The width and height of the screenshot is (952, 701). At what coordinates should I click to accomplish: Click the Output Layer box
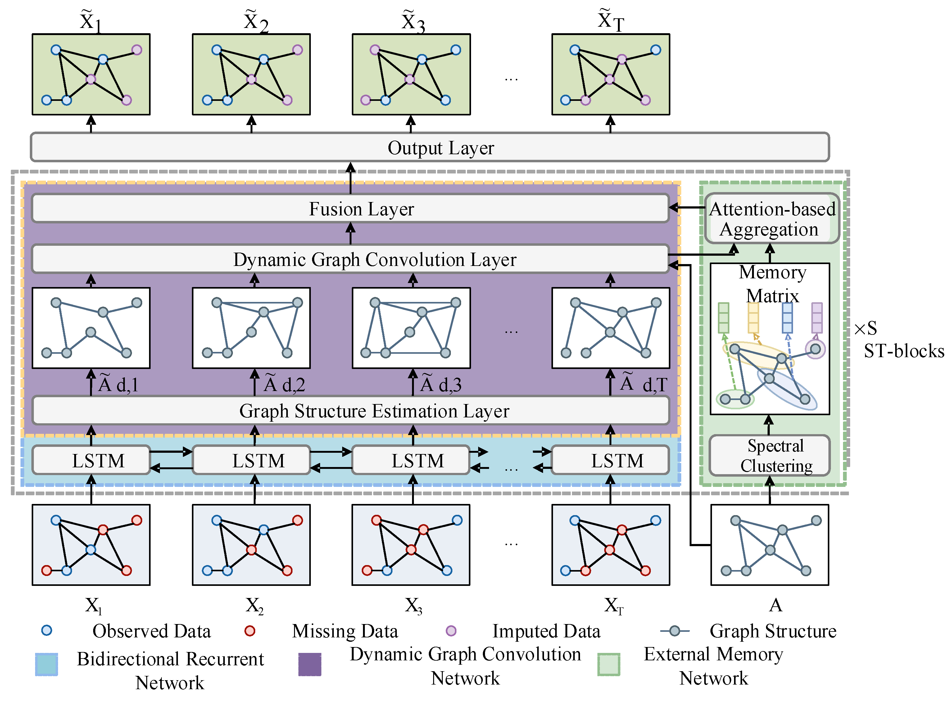coord(430,147)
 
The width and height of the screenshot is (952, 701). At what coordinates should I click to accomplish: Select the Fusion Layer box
coord(350,208)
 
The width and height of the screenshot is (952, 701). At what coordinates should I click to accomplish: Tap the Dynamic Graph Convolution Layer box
coord(350,259)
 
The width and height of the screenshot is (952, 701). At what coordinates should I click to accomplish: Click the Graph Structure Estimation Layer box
coord(350,410)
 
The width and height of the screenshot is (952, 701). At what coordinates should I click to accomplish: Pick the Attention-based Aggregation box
coord(772,218)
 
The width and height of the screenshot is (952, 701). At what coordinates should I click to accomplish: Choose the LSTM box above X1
coord(91,460)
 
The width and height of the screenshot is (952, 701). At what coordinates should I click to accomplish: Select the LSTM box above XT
coord(610,460)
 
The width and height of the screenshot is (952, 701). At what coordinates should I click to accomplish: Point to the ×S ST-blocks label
coord(899,339)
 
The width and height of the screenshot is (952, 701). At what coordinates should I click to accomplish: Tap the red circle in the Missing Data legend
coord(250,631)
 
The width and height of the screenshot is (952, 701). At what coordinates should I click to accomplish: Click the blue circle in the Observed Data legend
coord(47,631)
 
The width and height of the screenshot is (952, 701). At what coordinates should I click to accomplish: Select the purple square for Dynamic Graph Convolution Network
coord(310,664)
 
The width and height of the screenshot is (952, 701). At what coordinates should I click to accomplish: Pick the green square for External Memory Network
coord(609,664)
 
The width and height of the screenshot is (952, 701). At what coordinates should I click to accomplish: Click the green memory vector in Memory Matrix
coord(723,318)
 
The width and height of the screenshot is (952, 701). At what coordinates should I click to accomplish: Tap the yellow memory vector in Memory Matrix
coord(753,318)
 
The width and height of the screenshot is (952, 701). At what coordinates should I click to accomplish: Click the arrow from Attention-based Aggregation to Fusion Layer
coord(687,208)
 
